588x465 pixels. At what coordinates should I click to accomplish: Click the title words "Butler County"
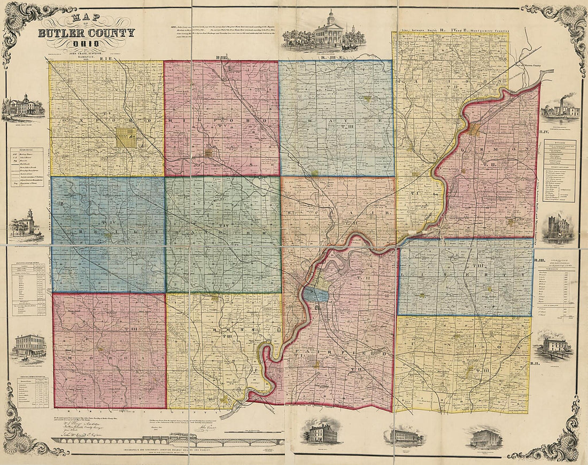pos(86,34)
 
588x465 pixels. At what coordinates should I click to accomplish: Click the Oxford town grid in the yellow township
pos(126,137)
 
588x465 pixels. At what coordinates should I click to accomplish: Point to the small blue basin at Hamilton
pos(312,294)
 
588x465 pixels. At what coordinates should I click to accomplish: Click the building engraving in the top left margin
pos(23,106)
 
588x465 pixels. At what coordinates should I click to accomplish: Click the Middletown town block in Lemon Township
pos(475,129)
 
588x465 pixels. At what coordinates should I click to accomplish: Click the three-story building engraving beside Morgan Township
pos(29,346)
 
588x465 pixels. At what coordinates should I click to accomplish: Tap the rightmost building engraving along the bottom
pos(486,438)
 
